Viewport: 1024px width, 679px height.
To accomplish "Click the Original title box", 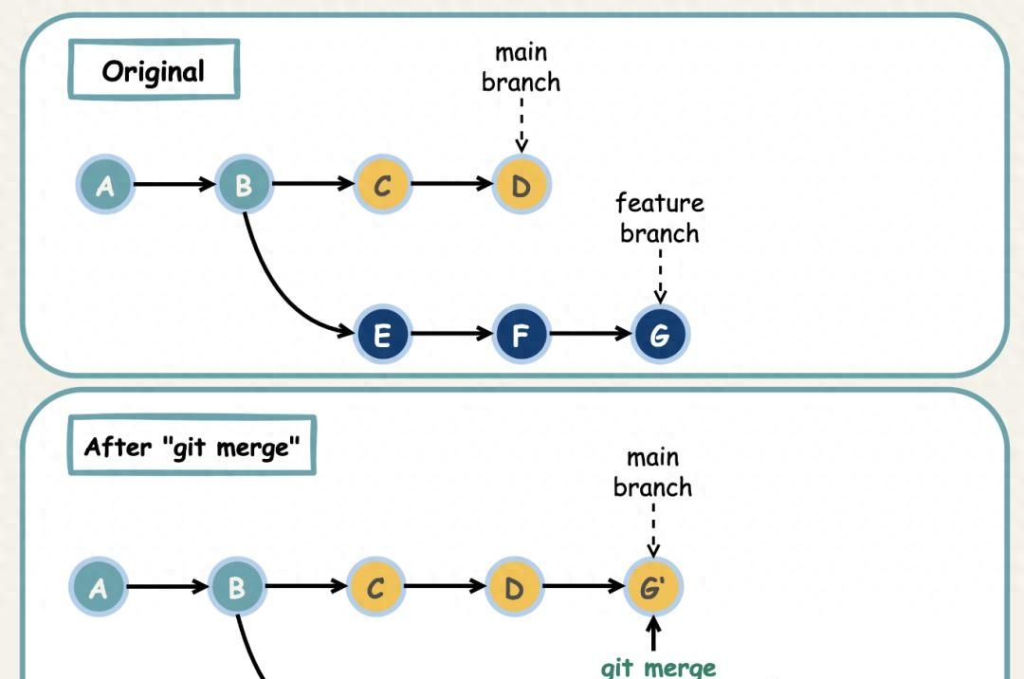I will click(x=154, y=70).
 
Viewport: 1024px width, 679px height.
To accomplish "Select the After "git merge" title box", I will click(x=192, y=446).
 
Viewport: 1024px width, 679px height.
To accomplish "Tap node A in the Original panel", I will click(x=105, y=185).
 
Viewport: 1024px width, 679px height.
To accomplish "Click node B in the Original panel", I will click(x=244, y=185).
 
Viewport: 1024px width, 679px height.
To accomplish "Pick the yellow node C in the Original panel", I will click(x=382, y=185).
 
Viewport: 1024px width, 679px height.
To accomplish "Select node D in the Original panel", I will click(x=521, y=185).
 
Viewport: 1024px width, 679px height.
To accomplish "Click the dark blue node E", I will click(x=382, y=335).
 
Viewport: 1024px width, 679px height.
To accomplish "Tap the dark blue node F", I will click(x=521, y=335).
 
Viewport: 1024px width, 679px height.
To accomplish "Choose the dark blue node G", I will click(x=660, y=335).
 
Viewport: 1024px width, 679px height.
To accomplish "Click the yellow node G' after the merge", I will click(x=652, y=588).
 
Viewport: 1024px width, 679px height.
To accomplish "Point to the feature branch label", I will click(x=660, y=218).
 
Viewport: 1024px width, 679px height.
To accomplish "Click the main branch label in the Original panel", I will click(x=521, y=67).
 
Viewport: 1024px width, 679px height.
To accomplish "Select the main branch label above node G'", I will click(x=652, y=472).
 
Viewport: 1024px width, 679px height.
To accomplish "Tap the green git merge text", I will click(x=658, y=668).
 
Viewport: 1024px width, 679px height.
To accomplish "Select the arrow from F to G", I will click(x=590, y=335).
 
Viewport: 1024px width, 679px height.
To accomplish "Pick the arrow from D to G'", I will click(x=583, y=588).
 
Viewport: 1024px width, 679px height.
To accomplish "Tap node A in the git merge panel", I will click(x=98, y=588).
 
